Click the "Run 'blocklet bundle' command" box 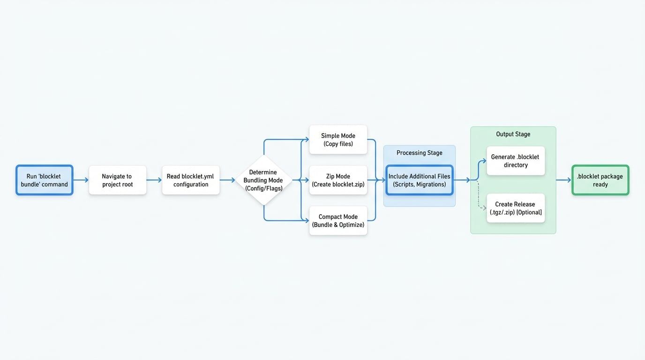pyautogui.click(x=44, y=180)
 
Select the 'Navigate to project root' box pyautogui.click(x=117, y=180)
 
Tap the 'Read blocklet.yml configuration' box pyautogui.click(x=190, y=180)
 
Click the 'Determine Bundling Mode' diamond pyautogui.click(x=263, y=180)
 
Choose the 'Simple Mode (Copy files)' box pyautogui.click(x=338, y=140)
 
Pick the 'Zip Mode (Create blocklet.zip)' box pyautogui.click(x=338, y=180)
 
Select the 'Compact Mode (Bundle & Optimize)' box pyautogui.click(x=338, y=221)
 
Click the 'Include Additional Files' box pyautogui.click(x=419, y=180)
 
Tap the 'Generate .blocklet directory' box pyautogui.click(x=516, y=161)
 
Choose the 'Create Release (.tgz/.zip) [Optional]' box pyautogui.click(x=516, y=208)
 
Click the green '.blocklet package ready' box pyautogui.click(x=600, y=180)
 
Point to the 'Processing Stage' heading pyautogui.click(x=419, y=153)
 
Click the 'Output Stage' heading pyautogui.click(x=513, y=134)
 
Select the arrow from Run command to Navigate pyautogui.click(x=81, y=180)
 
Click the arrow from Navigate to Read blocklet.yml pyautogui.click(x=154, y=180)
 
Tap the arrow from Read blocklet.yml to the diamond pyautogui.click(x=227, y=180)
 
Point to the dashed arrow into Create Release pyautogui.click(x=480, y=202)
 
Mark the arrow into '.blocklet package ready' pyautogui.click(x=563, y=180)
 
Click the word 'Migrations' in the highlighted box pyautogui.click(x=431, y=184)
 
